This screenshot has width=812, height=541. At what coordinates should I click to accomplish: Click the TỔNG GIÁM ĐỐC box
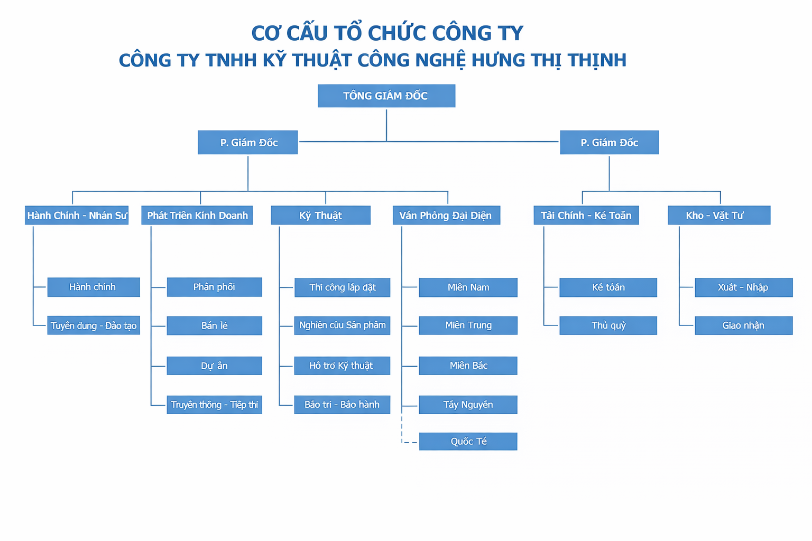click(386, 96)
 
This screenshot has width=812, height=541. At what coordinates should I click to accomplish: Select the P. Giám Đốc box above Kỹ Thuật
click(248, 142)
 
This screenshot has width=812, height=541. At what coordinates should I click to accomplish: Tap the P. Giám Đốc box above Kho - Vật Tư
click(609, 142)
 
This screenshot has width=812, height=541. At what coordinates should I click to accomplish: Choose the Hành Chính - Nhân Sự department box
click(77, 215)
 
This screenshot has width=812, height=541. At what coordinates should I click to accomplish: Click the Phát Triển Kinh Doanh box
click(197, 215)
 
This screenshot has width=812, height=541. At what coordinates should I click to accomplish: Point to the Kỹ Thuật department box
click(320, 215)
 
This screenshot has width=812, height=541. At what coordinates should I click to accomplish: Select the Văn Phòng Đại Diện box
click(446, 215)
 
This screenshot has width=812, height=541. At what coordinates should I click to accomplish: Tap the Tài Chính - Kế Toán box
click(586, 215)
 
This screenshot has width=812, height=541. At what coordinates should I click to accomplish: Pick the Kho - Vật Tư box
click(718, 215)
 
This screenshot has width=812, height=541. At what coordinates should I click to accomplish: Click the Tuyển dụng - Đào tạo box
click(94, 325)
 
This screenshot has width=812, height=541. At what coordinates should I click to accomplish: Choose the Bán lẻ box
click(214, 325)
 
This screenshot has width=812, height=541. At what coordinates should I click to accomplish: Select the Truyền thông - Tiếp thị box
click(214, 405)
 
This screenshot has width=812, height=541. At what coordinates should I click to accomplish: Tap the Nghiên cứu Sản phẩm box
click(342, 325)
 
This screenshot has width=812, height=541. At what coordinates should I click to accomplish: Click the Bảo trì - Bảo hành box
click(342, 405)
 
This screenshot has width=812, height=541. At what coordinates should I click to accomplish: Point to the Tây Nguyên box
click(468, 405)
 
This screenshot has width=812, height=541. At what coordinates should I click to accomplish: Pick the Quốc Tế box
click(468, 441)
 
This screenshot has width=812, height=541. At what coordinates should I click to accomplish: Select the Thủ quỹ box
click(608, 325)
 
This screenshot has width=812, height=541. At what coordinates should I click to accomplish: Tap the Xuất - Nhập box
click(743, 287)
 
